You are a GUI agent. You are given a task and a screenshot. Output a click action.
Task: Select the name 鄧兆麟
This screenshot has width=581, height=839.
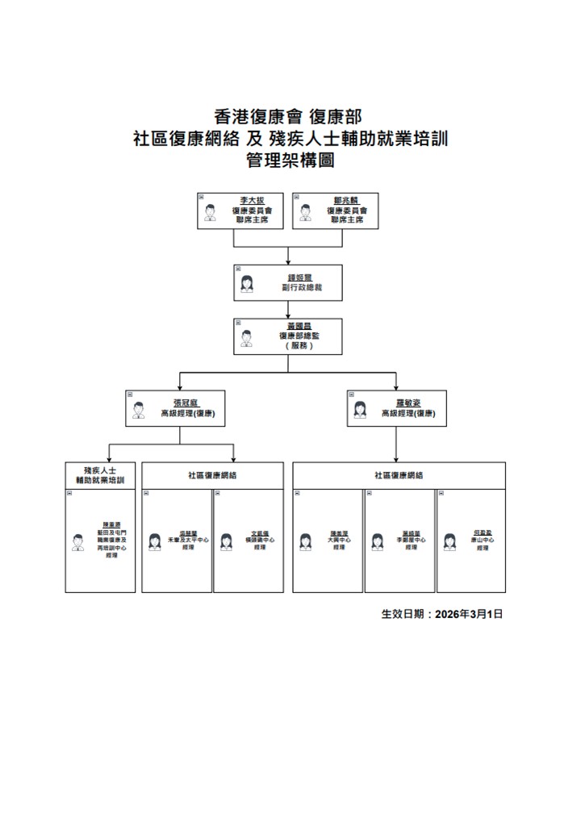coord(345,200)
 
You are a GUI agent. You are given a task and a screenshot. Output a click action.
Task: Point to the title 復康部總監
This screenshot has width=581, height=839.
coord(298,335)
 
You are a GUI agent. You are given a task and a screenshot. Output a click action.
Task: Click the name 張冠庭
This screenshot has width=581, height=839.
coord(186,402)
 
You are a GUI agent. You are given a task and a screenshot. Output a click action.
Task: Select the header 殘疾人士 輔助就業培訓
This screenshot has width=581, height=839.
coord(100,474)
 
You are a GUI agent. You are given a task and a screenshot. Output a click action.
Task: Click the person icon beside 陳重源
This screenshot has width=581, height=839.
coord(78,542)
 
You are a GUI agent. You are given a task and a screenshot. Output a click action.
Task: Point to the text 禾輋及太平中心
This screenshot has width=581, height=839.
coord(189,540)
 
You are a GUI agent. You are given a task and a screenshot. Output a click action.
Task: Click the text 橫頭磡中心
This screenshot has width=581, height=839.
coord(259,540)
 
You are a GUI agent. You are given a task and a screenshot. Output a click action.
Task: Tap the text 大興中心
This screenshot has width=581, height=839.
coord(338,540)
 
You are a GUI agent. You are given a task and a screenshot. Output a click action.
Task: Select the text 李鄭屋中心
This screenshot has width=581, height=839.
coord(411,540)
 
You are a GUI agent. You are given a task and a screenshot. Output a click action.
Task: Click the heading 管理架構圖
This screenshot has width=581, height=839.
coord(290,160)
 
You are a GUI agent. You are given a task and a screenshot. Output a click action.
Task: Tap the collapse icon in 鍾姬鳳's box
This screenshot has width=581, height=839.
coord(238,269)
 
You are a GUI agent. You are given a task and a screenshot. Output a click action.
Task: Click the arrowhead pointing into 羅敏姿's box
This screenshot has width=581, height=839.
coord(395,384)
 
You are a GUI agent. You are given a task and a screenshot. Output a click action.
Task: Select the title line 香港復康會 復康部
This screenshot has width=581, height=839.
coord(290,117)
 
